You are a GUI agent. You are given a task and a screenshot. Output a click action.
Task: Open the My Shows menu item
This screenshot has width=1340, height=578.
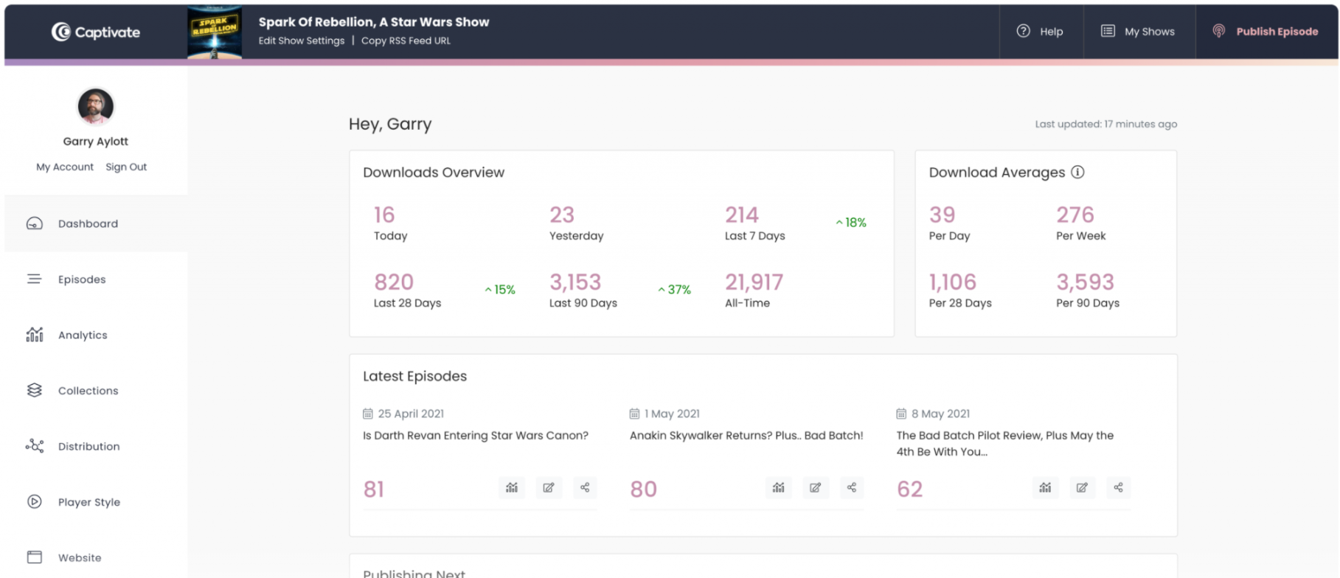click(x=1138, y=32)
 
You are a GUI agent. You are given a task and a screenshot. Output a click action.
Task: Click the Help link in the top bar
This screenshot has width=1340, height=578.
click(x=1040, y=32)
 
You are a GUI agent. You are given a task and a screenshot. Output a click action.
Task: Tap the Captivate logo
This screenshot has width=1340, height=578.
click(x=96, y=32)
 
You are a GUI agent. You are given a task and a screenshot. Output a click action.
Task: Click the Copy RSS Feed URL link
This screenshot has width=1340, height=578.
click(x=406, y=41)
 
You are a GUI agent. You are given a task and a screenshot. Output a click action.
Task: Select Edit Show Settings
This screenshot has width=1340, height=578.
click(x=301, y=41)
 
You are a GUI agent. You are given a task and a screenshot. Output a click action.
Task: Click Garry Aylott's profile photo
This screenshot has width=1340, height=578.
click(x=96, y=106)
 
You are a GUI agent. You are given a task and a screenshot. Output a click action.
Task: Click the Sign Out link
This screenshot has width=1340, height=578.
click(x=126, y=167)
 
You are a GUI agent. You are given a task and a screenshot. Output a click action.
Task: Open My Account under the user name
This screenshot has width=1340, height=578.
click(x=65, y=167)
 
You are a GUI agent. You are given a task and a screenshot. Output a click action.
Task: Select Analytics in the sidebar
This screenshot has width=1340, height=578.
click(x=82, y=335)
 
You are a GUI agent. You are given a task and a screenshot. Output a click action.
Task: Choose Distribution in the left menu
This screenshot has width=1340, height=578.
click(x=88, y=447)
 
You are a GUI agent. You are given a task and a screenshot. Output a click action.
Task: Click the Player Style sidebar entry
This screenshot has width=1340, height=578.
click(x=88, y=502)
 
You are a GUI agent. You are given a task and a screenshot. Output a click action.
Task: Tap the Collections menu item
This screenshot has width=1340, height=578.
click(x=87, y=391)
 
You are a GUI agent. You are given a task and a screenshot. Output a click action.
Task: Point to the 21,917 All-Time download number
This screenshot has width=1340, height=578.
click(x=754, y=282)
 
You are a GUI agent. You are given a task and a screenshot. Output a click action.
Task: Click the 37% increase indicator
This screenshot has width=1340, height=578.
click(x=675, y=290)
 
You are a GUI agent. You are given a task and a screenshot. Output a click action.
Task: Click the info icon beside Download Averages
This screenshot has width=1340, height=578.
click(x=1077, y=173)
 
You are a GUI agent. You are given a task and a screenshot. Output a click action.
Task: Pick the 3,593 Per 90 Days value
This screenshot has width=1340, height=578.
click(x=1085, y=282)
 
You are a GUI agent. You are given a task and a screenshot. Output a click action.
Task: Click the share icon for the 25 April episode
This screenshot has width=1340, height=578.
click(x=585, y=487)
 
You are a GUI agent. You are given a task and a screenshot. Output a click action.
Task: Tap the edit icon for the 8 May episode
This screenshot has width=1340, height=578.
click(x=1082, y=487)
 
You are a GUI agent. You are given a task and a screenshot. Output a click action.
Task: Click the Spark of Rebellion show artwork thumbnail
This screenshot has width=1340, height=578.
click(x=215, y=32)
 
